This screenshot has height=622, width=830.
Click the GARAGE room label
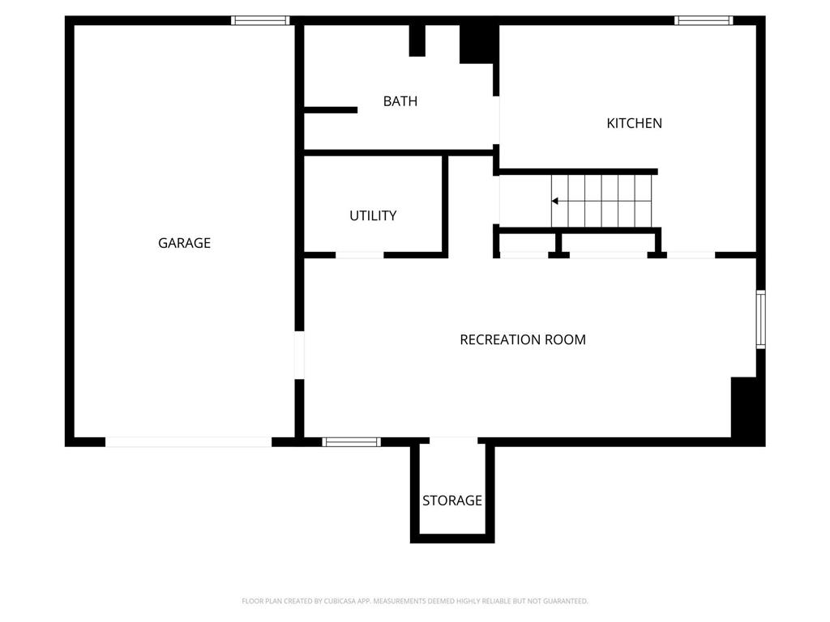click(184, 243)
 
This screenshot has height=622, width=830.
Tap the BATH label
click(400, 101)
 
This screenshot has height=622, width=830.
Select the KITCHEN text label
click(634, 123)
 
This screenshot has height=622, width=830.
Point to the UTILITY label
click(373, 215)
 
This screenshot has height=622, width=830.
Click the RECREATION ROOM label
click(523, 340)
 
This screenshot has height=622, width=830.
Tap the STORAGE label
click(452, 501)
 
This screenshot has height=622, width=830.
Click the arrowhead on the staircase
click(555, 201)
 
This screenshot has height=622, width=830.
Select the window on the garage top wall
click(260, 20)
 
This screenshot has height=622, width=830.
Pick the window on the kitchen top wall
click(704, 20)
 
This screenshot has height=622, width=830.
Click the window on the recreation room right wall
click(760, 319)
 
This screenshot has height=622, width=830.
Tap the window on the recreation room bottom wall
click(351, 442)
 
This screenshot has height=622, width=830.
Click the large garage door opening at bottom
click(188, 442)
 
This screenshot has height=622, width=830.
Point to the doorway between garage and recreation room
click(299, 355)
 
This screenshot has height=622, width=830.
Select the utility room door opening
click(359, 255)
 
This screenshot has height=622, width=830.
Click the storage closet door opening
click(453, 441)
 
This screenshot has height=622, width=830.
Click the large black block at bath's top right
click(478, 42)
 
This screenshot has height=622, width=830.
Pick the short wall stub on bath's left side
click(330, 110)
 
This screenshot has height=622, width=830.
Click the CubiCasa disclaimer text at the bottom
click(415, 601)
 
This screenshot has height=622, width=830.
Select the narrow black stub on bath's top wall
click(417, 40)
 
